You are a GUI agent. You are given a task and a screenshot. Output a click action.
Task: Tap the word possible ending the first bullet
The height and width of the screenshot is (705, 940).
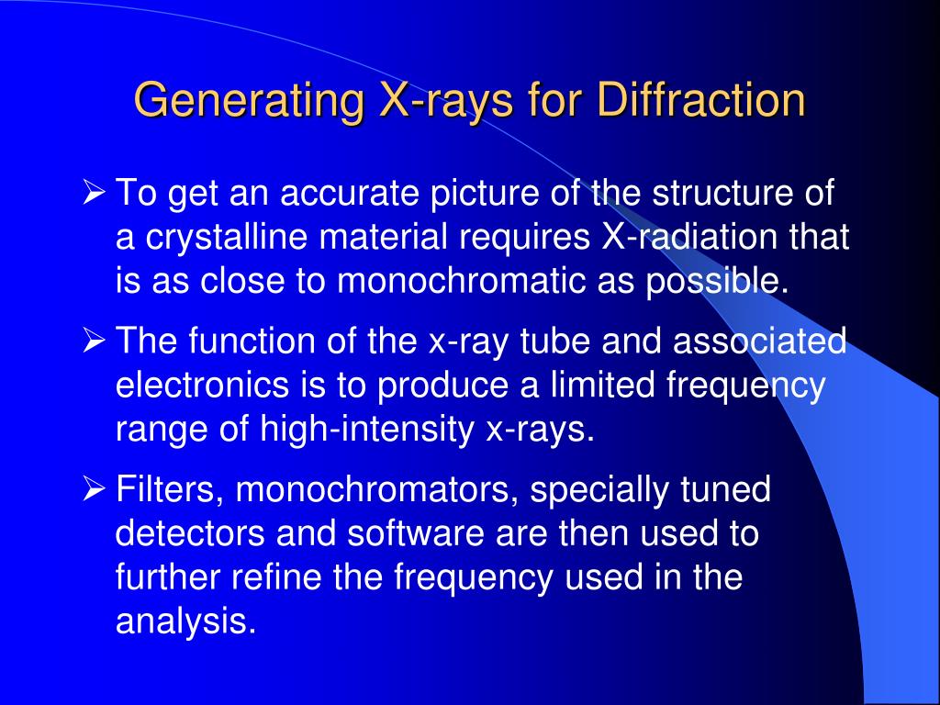[717, 281]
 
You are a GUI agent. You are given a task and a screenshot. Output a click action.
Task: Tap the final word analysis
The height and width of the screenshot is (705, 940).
[184, 622]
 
